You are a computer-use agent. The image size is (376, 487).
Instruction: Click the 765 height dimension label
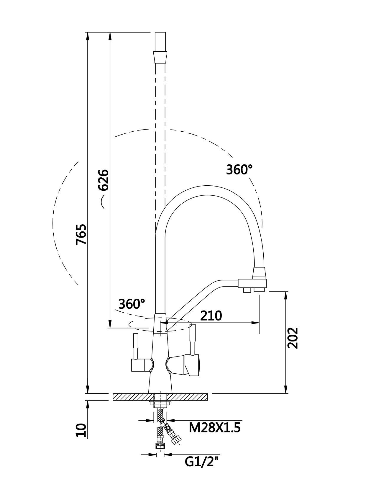tap(81, 235)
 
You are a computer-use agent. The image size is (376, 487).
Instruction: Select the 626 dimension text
tap(104, 180)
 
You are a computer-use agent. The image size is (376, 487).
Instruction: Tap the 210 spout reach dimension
tap(211, 316)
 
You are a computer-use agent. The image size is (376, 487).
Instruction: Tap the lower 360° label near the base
tap(132, 304)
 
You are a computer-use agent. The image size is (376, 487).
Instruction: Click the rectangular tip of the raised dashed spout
tap(160, 42)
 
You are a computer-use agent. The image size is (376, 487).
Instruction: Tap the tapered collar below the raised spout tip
tap(160, 58)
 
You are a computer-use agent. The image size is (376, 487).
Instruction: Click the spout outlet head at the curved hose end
tap(252, 284)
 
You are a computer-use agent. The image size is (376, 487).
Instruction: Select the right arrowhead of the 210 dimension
tap(255, 323)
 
